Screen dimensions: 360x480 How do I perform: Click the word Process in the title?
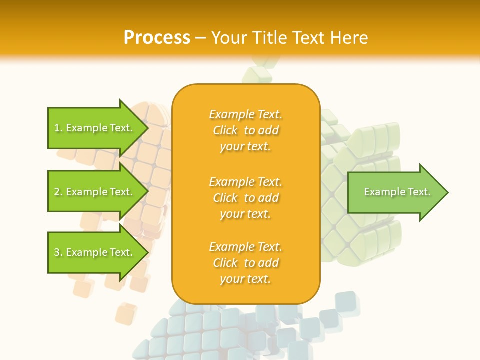(157, 38)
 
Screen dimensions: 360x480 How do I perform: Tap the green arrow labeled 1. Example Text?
(95, 128)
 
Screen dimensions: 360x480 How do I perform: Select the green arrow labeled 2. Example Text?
(95, 192)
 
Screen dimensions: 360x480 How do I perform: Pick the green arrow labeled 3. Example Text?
(95, 252)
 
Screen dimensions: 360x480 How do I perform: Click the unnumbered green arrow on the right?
(397, 192)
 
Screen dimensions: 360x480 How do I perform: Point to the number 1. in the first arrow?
(58, 128)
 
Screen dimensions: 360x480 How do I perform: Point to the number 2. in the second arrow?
(58, 192)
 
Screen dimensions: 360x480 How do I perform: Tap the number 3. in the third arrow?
(58, 252)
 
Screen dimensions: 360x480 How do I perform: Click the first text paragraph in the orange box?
(245, 130)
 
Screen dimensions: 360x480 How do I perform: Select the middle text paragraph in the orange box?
(245, 198)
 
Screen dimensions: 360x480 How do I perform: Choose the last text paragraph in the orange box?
(245, 263)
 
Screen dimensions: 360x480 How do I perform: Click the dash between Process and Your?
(201, 38)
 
